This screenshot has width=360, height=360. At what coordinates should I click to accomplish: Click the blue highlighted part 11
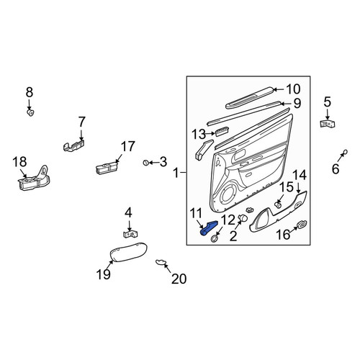(208, 228)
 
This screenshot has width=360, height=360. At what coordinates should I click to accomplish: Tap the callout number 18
(19, 162)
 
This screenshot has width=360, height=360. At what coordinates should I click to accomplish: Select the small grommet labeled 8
(30, 112)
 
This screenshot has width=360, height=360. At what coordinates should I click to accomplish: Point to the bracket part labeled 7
(74, 145)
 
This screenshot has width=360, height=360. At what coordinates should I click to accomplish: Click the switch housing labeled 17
(107, 168)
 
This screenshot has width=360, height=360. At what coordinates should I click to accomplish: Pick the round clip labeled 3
(145, 163)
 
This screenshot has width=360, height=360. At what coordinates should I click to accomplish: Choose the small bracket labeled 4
(130, 234)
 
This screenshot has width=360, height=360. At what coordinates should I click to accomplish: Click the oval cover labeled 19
(128, 251)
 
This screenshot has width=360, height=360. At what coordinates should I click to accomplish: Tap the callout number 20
(179, 279)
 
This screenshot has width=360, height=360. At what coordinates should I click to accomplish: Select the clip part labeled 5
(328, 125)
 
